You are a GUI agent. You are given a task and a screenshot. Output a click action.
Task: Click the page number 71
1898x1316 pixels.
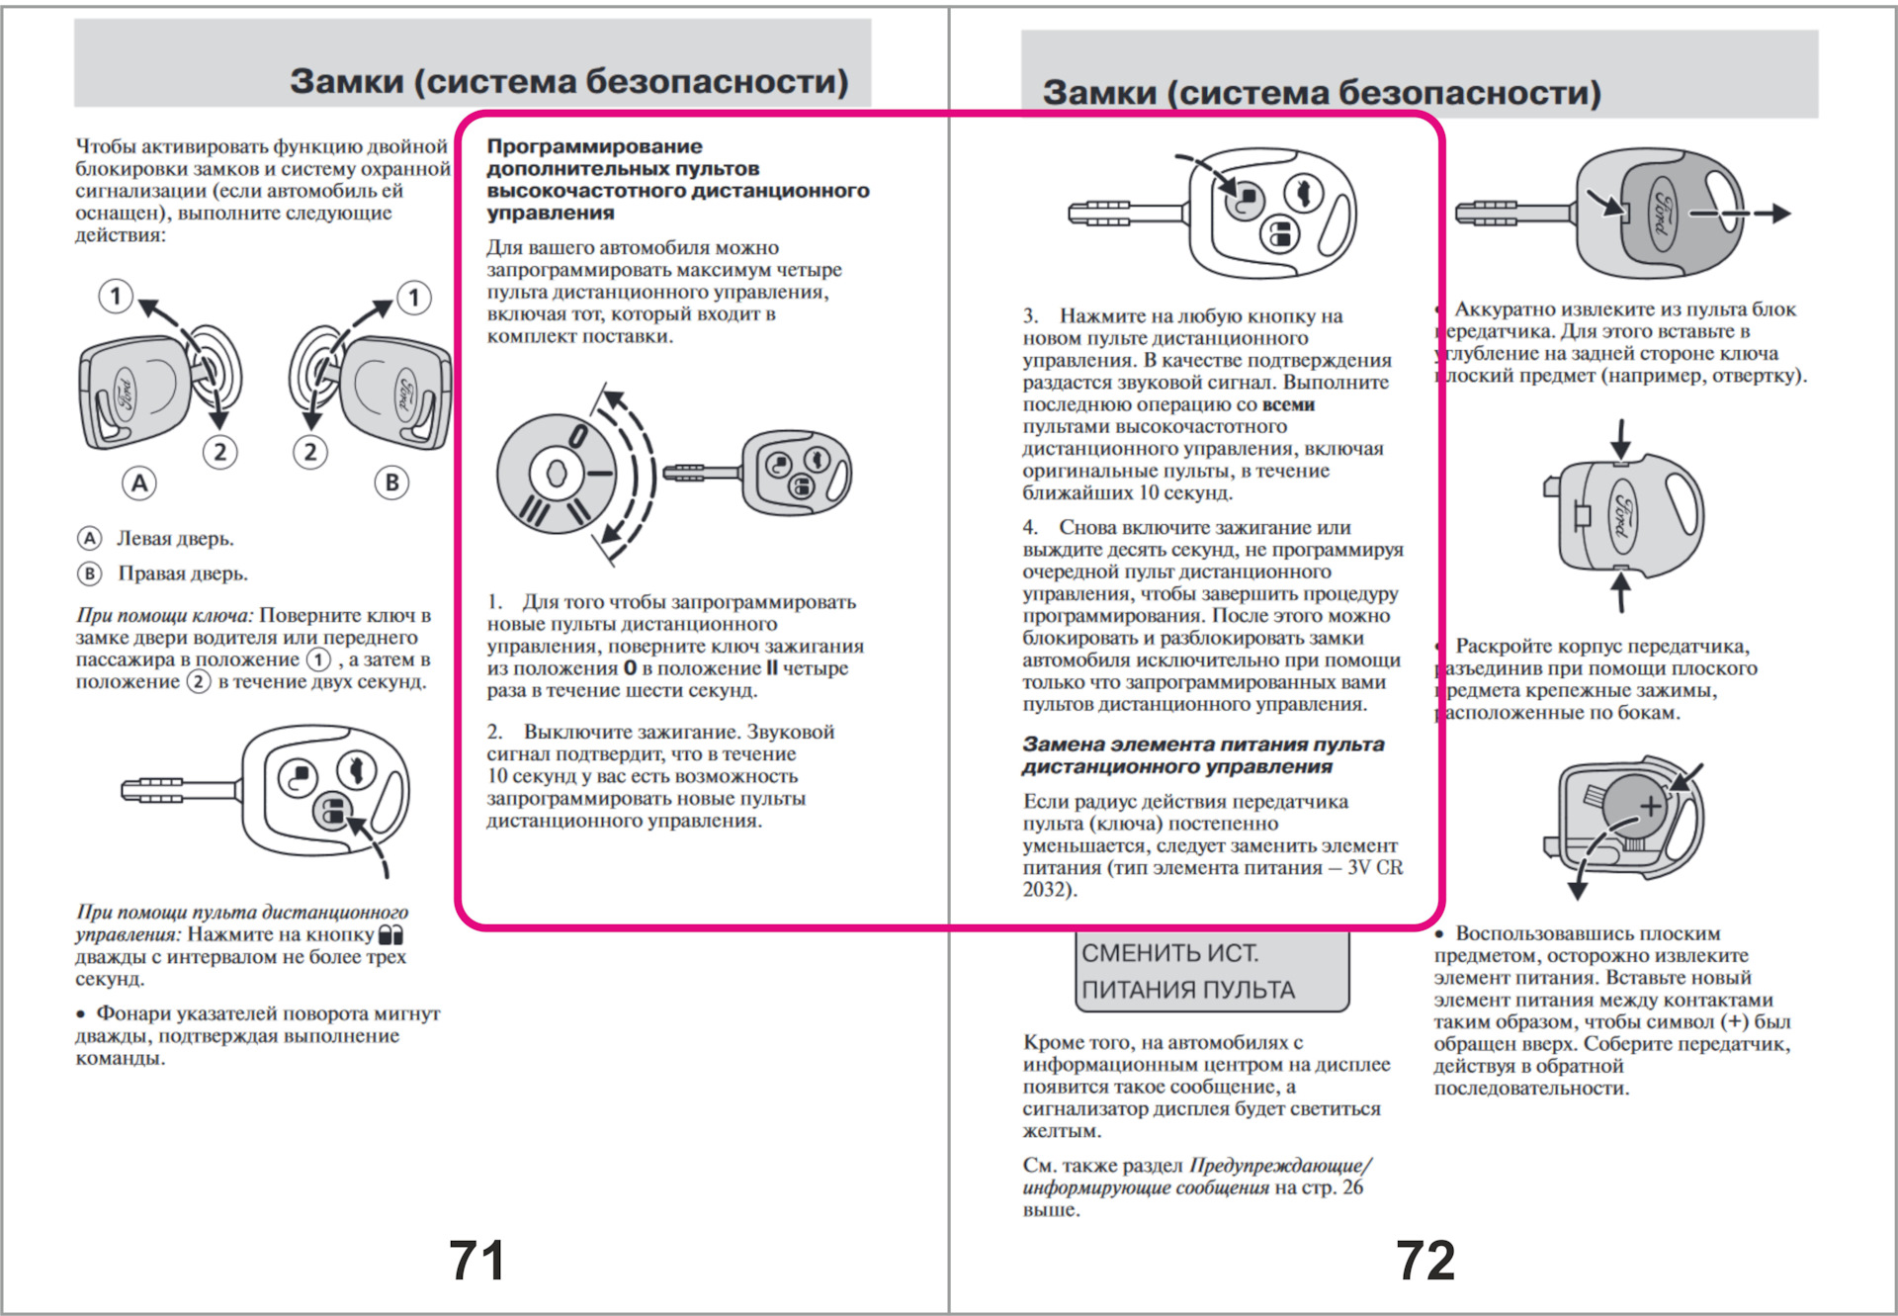click(476, 1260)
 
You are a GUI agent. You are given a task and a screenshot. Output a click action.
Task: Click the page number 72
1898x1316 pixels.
click(1424, 1260)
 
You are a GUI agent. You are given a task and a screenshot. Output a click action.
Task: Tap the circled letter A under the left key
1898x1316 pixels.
click(139, 483)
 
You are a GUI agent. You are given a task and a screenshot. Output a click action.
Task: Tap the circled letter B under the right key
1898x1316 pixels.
click(391, 483)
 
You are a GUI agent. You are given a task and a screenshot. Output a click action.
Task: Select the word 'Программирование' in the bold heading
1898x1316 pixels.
click(594, 146)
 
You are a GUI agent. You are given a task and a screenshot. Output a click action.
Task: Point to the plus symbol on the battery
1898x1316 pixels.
click(1650, 807)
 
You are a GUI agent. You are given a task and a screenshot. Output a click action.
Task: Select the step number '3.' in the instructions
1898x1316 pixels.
click(1030, 316)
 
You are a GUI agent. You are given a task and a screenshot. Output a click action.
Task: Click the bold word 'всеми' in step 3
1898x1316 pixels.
click(1288, 404)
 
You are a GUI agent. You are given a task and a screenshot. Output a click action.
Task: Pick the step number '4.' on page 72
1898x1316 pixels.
click(1030, 528)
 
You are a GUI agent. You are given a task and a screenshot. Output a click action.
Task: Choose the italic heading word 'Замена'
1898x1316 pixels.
click(1063, 745)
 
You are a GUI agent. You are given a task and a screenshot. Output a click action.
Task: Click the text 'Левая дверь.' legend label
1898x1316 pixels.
click(175, 539)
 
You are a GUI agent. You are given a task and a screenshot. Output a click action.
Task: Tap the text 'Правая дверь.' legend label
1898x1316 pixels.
click(183, 573)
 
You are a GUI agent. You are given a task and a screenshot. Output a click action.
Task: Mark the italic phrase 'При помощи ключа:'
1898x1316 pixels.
click(164, 615)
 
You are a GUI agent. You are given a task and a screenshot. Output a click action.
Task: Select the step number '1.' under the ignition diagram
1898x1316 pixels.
click(494, 602)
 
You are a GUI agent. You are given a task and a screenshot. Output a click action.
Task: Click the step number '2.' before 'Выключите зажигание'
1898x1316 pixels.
click(494, 733)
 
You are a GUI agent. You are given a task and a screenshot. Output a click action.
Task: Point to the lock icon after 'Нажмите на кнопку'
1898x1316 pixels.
click(391, 934)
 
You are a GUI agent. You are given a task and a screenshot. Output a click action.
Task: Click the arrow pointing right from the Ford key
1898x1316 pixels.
click(1769, 213)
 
